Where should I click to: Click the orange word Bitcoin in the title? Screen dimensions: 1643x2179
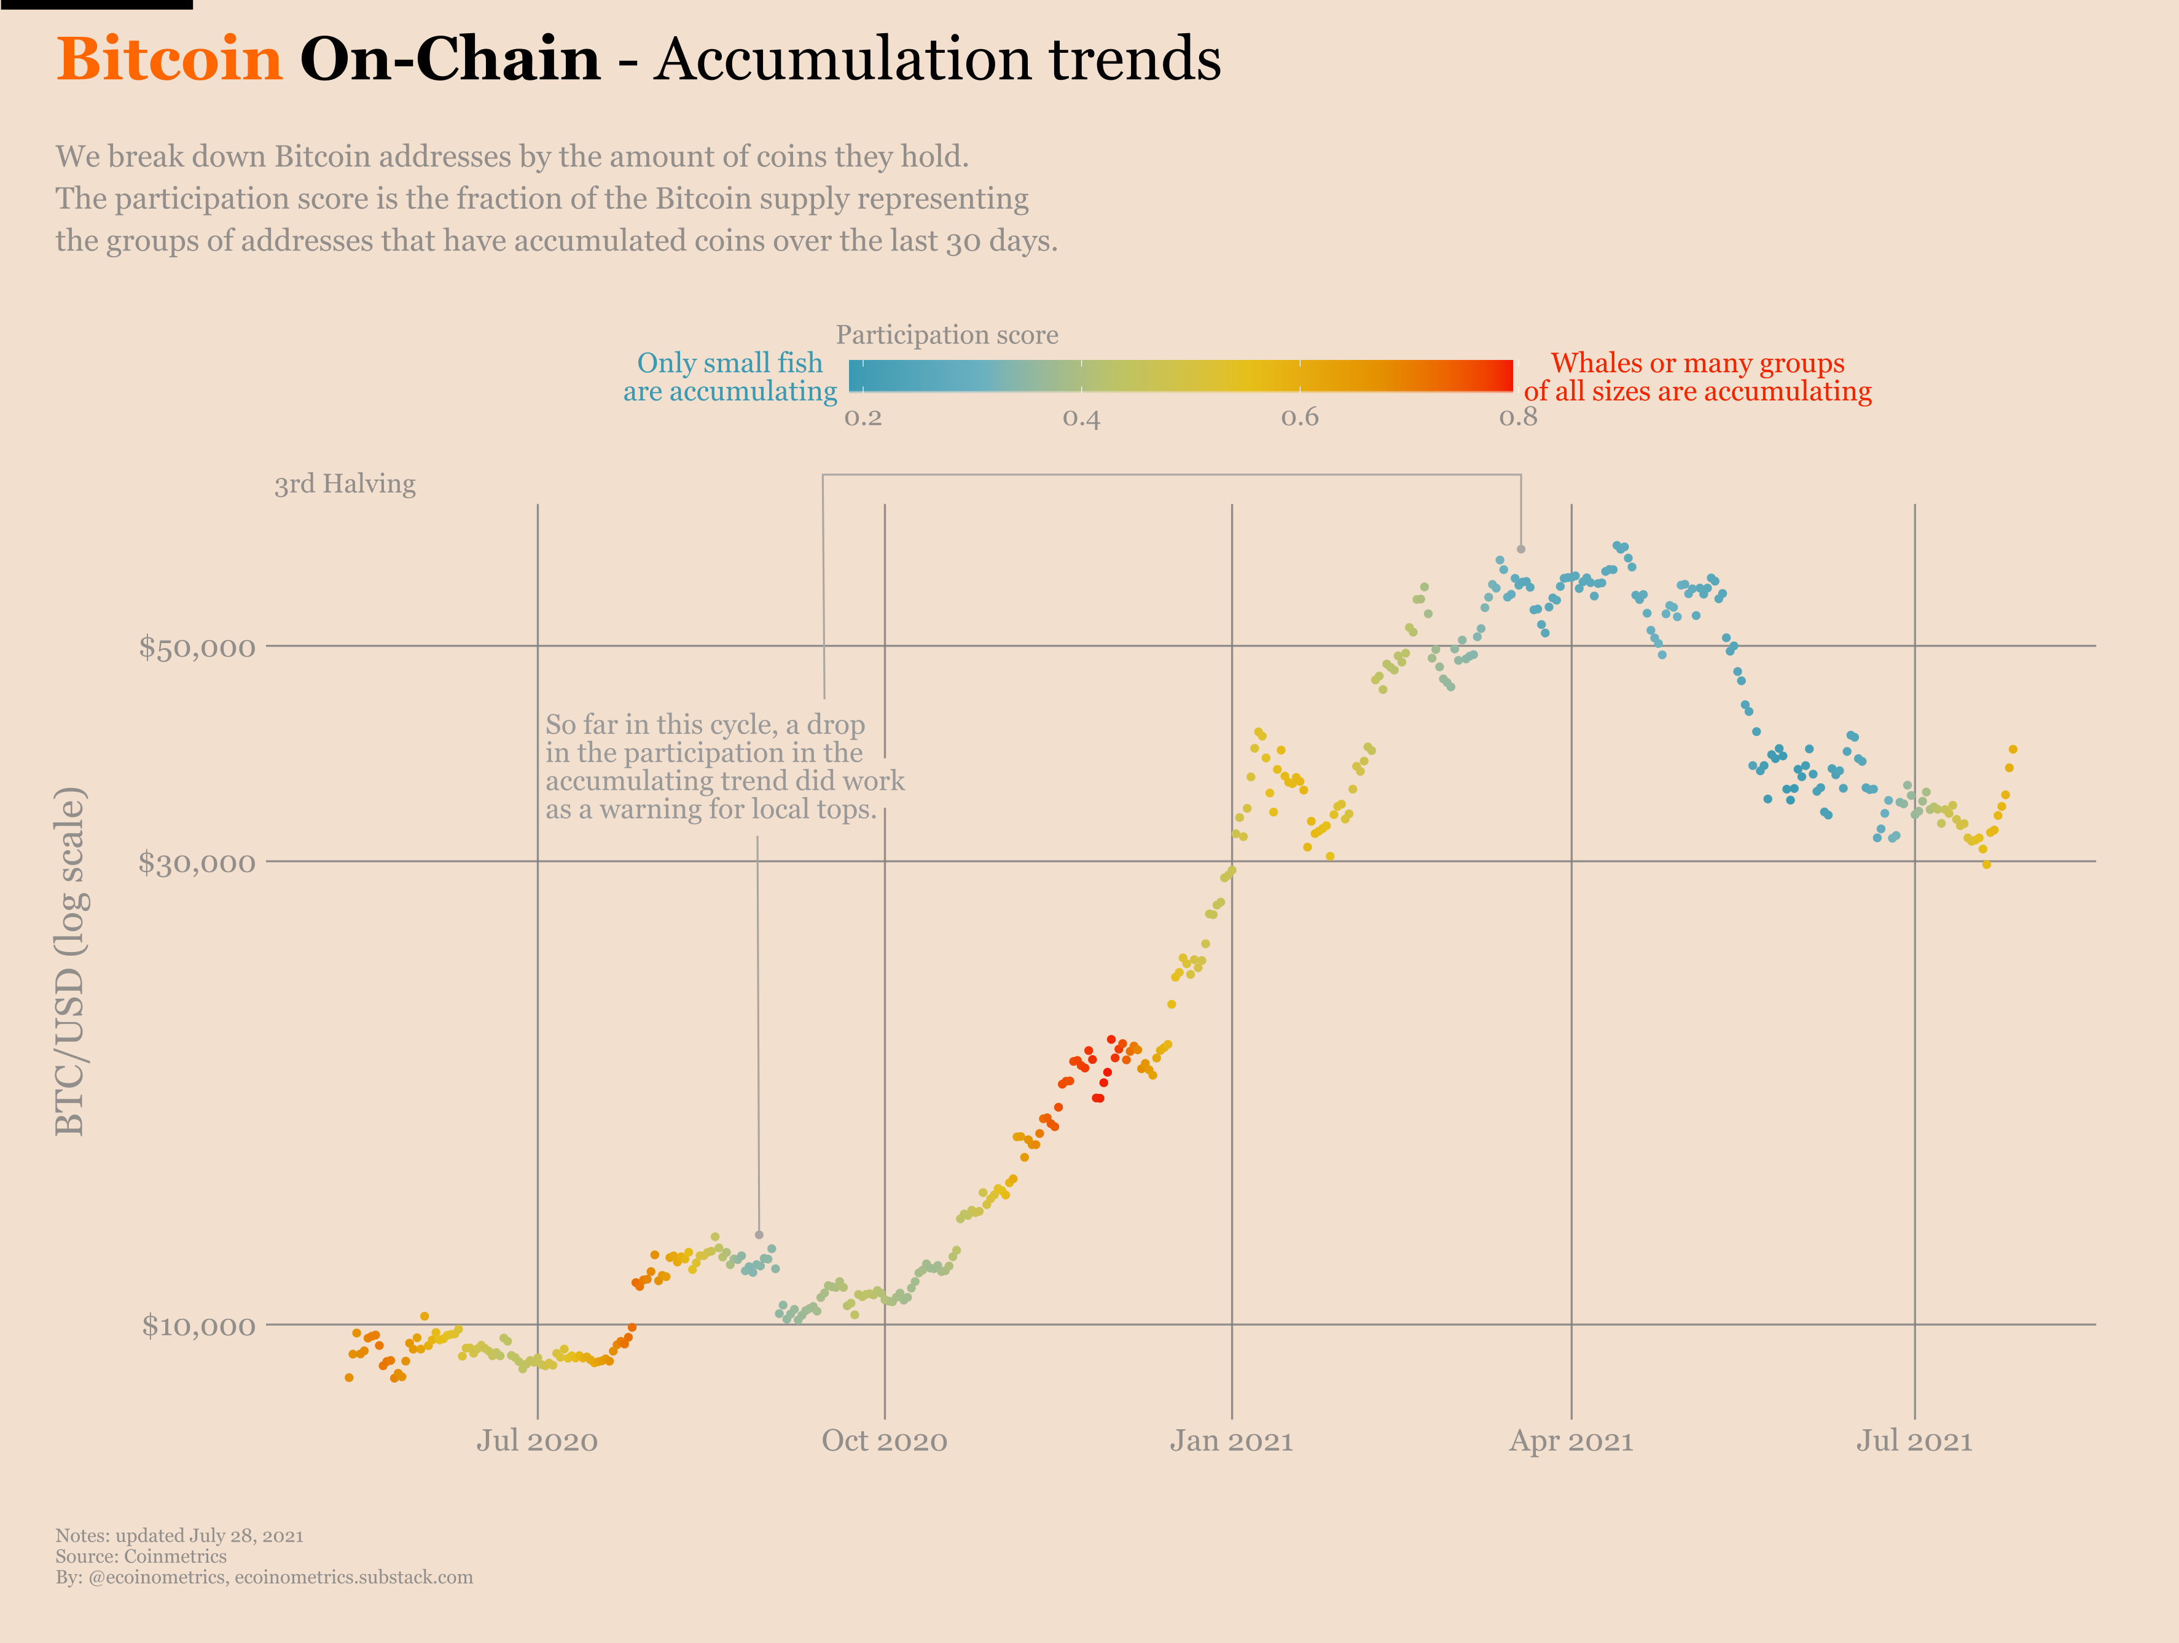click(170, 59)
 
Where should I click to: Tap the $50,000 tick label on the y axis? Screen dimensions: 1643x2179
click(197, 647)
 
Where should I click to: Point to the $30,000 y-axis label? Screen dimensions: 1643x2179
click(197, 863)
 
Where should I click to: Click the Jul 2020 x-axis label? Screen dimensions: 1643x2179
click(537, 1441)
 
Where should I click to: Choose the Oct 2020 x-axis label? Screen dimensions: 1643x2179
click(885, 1441)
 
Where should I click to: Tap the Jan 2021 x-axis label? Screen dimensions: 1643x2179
click(1231, 1441)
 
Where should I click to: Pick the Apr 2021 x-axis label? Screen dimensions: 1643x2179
click(1571, 1441)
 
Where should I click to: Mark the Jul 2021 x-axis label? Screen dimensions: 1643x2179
click(1914, 1441)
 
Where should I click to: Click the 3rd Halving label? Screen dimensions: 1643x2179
click(345, 483)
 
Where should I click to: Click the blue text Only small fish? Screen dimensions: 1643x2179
click(729, 364)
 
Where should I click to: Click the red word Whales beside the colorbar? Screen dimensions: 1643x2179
click(1596, 364)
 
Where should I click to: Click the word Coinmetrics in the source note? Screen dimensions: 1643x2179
click(175, 1556)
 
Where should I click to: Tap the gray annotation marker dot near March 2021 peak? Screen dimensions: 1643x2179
click(1521, 548)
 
